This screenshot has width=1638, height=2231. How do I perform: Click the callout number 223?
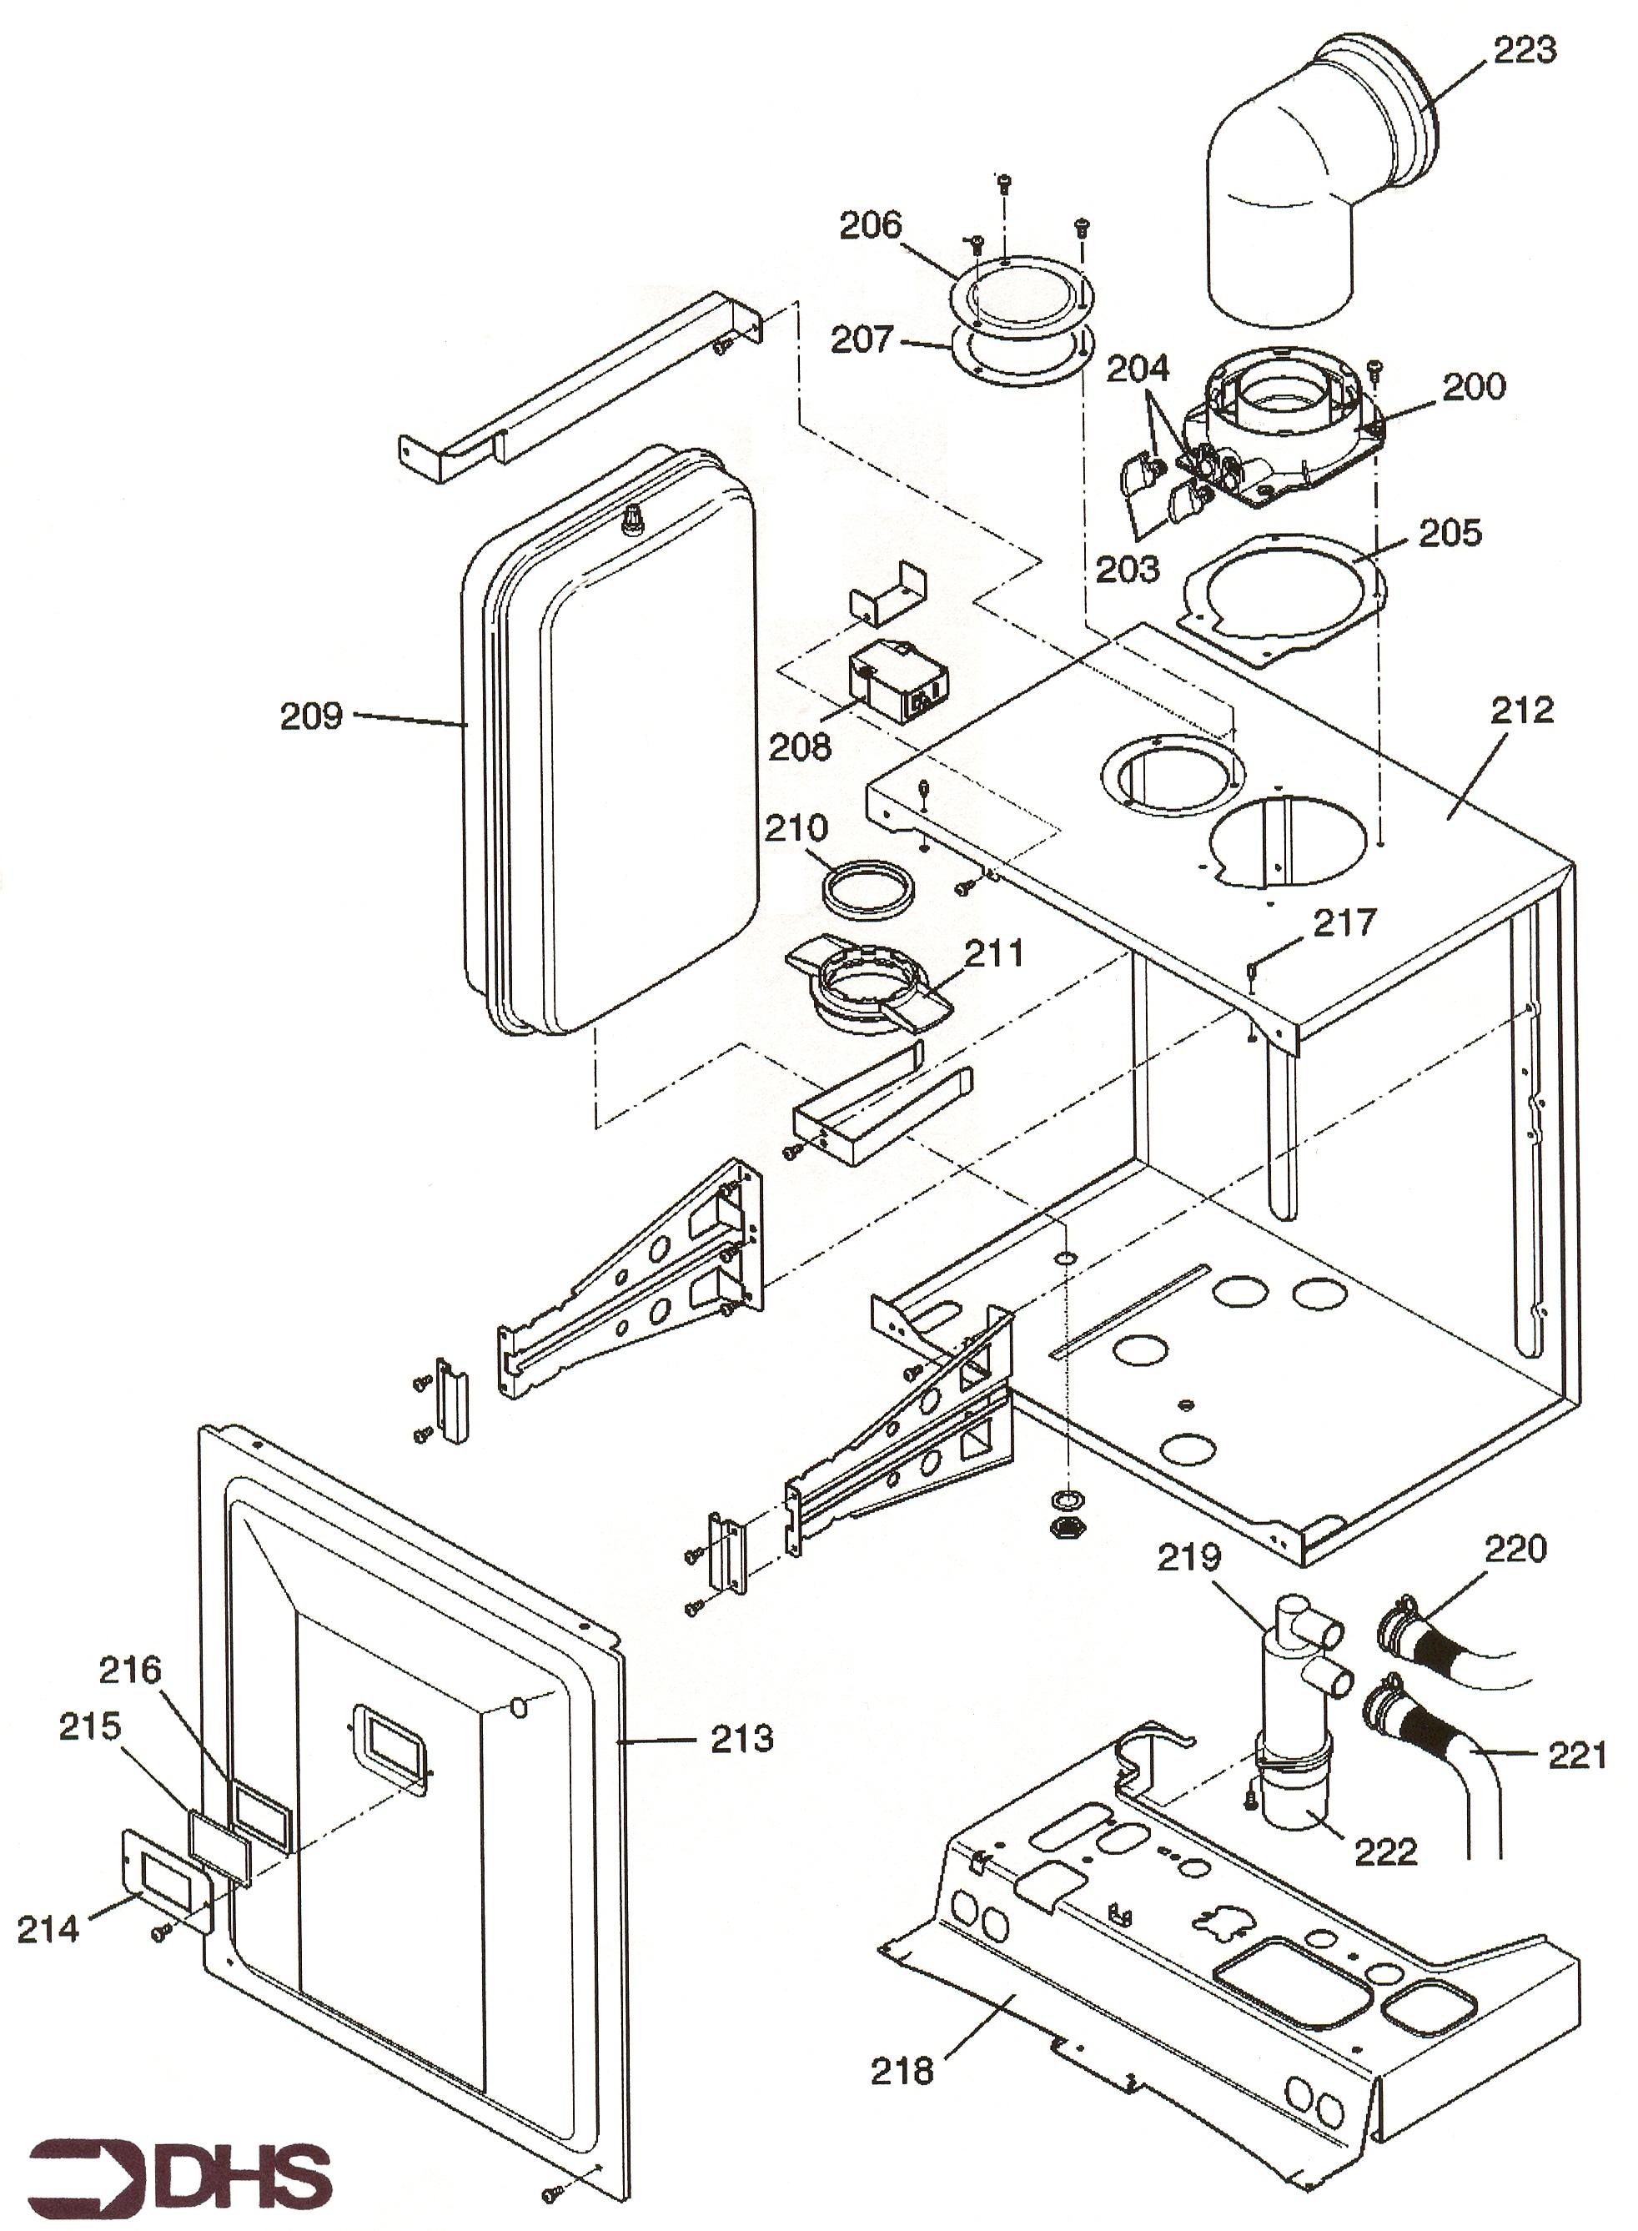1524,49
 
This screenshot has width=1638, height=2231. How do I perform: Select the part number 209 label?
310,716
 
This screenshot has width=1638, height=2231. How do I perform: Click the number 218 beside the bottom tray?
902,2070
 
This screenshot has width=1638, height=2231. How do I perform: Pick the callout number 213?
741,1738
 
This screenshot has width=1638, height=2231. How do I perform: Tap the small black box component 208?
898,682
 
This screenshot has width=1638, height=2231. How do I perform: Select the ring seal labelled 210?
866,888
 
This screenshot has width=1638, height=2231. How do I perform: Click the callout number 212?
1522,710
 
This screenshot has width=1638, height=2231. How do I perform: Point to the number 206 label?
871,226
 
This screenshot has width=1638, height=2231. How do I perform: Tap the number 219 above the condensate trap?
1188,1558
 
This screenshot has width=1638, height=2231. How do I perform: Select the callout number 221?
1577,1755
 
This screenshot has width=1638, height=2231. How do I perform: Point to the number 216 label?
130,1670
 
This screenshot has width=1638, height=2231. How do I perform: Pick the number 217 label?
1344,923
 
